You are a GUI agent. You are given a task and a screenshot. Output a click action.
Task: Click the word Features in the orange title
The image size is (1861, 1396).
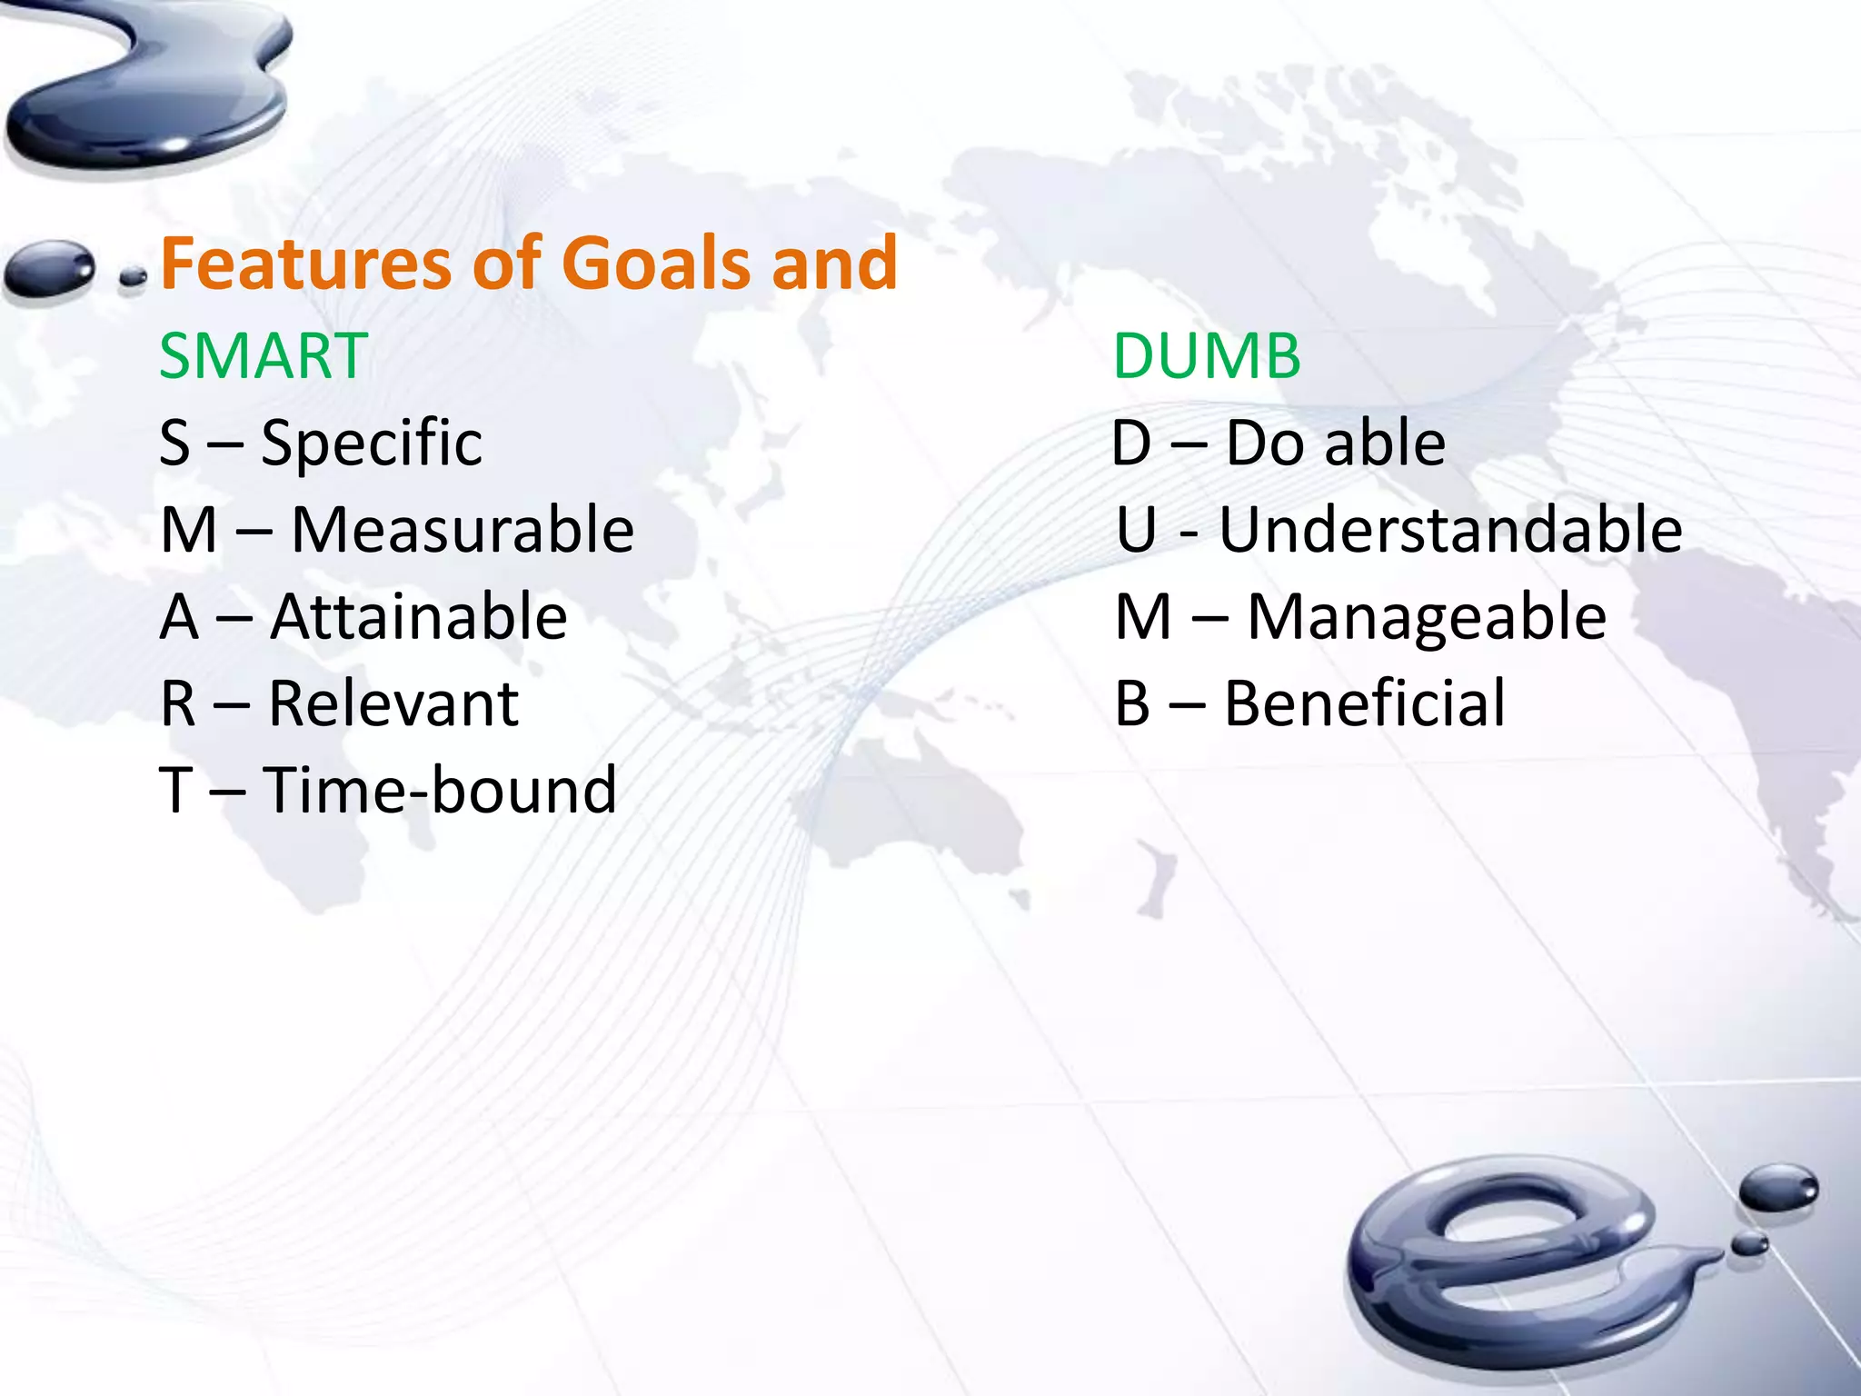pyautogui.click(x=305, y=263)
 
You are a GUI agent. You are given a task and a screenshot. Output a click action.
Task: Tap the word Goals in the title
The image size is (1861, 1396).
pyautogui.click(x=658, y=263)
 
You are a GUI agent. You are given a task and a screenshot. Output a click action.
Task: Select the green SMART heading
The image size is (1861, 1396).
pyautogui.click(x=264, y=355)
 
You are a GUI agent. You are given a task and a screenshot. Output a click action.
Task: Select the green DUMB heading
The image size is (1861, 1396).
pyautogui.click(x=1207, y=355)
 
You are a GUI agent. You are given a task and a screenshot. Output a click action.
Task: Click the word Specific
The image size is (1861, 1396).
pyautogui.click(x=372, y=444)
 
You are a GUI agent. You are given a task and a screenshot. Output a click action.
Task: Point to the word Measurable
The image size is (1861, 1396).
pyautogui.click(x=463, y=530)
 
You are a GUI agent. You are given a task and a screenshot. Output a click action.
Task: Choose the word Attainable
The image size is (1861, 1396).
pyautogui.click(x=419, y=617)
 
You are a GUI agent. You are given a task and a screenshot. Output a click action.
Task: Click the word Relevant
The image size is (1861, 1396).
pyautogui.click(x=393, y=703)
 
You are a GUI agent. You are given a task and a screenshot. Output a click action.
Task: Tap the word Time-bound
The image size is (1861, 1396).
pyautogui.click(x=441, y=790)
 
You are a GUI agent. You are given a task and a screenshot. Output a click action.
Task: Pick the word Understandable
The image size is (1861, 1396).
pyautogui.click(x=1450, y=530)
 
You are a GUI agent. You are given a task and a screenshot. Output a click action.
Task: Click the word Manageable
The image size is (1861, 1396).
pyautogui.click(x=1427, y=617)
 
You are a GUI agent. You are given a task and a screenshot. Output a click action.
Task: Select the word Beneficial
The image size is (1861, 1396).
pyautogui.click(x=1365, y=703)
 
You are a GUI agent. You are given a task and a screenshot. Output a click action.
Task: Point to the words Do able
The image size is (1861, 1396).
pyautogui.click(x=1335, y=444)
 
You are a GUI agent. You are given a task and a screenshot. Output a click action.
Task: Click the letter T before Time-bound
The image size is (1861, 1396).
pyautogui.click(x=176, y=790)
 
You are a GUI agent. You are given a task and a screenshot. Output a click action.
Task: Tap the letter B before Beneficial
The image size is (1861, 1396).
pyautogui.click(x=1132, y=703)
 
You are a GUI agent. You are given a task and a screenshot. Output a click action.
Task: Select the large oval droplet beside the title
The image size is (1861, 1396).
pyautogui.click(x=50, y=267)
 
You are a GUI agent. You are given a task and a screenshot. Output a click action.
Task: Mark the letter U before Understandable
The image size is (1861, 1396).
pyautogui.click(x=1137, y=530)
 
